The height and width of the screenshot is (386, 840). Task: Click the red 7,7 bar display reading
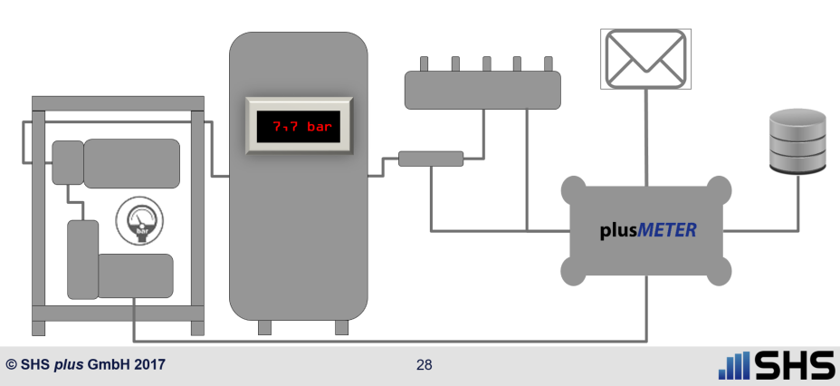point(298,127)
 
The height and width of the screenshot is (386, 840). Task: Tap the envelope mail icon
point(646,58)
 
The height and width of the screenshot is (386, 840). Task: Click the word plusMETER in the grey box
point(647,230)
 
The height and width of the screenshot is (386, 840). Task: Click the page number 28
point(424,365)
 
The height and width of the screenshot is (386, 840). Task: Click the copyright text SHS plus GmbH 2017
point(85,366)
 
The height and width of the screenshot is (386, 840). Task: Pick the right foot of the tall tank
point(341,326)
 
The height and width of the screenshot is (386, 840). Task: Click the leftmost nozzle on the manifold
point(424,64)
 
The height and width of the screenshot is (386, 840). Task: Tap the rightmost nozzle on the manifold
point(547,64)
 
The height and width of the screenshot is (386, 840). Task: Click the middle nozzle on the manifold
point(486,64)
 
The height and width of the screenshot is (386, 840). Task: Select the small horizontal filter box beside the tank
point(431,159)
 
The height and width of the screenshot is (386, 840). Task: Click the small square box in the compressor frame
point(67,161)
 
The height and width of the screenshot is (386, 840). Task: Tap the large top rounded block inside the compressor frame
point(131,163)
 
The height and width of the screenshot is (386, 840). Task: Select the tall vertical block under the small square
point(81,259)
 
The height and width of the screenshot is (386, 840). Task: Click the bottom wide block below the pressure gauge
point(135,275)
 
